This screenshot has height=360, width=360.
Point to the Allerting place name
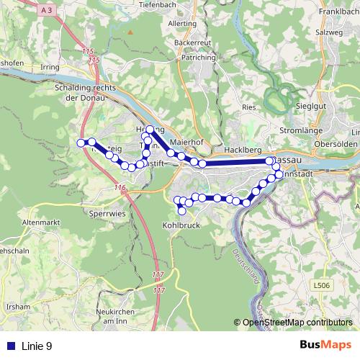coord(181,24)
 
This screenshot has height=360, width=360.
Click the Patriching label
coord(198,56)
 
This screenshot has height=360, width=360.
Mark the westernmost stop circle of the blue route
coord(81,143)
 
